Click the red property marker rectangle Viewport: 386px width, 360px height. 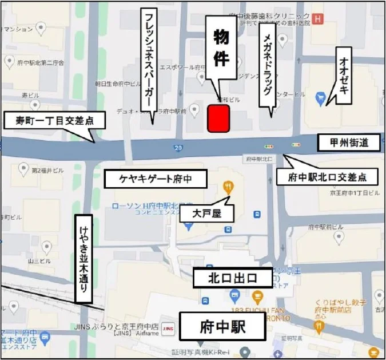(x=218, y=118)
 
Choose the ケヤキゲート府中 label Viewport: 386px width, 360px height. (x=155, y=179)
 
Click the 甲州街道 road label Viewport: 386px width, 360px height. (x=349, y=143)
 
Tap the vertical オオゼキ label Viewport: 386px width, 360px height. (x=345, y=75)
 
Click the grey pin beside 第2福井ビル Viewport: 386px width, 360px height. (x=23, y=169)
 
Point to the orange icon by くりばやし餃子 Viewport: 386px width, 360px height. (x=319, y=326)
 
